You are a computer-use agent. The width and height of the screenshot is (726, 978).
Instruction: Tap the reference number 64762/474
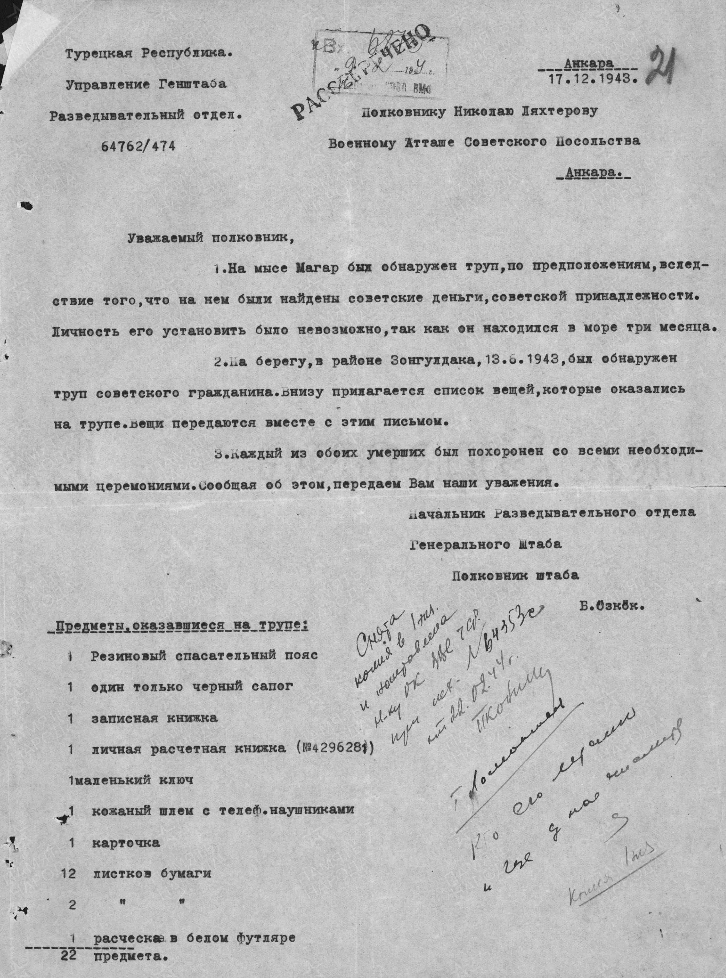[x=136, y=146]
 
